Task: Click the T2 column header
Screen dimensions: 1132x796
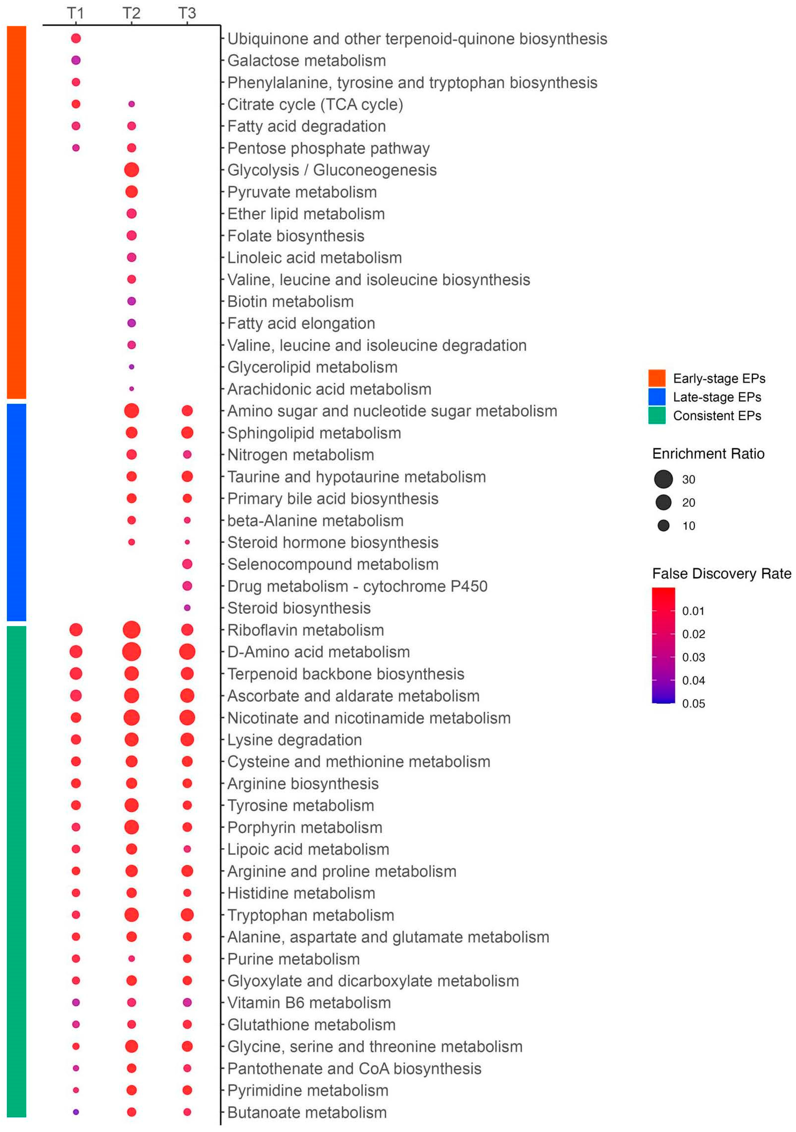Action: pyautogui.click(x=131, y=13)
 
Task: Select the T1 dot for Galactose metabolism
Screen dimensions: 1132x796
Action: pyautogui.click(x=76, y=60)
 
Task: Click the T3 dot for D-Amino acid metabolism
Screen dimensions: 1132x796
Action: pyautogui.click(x=187, y=652)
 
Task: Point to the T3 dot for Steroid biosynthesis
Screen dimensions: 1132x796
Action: pyautogui.click(x=187, y=608)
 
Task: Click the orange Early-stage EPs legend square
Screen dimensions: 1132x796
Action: pyautogui.click(x=657, y=378)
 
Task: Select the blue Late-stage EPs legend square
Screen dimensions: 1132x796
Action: pyautogui.click(x=657, y=397)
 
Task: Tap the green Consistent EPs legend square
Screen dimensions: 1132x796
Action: pyautogui.click(x=657, y=416)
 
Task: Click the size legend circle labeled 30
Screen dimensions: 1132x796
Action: pyautogui.click(x=663, y=479)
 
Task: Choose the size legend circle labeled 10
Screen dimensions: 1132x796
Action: pyautogui.click(x=663, y=525)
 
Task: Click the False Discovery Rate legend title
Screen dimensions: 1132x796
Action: pyautogui.click(x=721, y=573)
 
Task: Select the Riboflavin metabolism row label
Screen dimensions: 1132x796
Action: pyautogui.click(x=305, y=630)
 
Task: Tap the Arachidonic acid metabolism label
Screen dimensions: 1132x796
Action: pyautogui.click(x=329, y=389)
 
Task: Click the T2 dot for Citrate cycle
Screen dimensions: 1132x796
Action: pyautogui.click(x=131, y=104)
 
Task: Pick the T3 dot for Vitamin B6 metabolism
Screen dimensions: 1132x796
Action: pyautogui.click(x=187, y=1002)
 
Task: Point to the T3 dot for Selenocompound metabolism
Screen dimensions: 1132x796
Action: pyautogui.click(x=187, y=564)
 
